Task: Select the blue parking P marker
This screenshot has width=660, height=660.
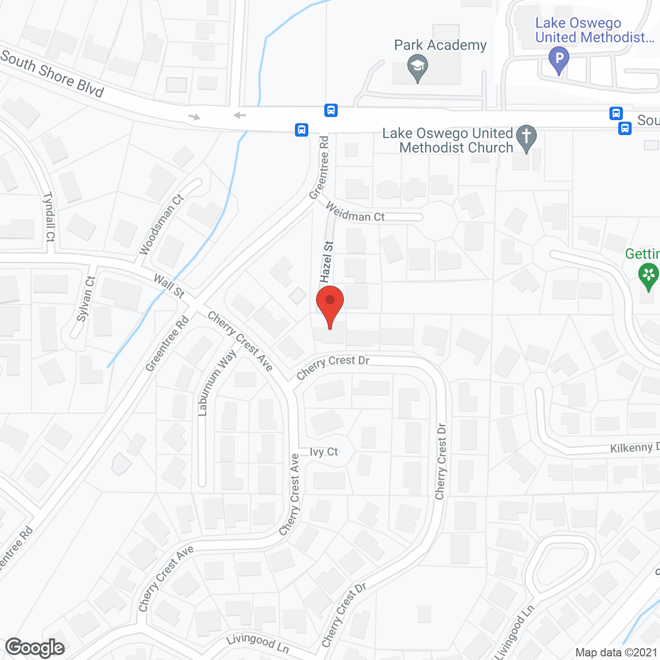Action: click(x=558, y=59)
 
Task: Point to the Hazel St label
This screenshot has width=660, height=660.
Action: click(x=327, y=262)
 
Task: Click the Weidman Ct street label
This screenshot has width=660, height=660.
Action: click(x=355, y=212)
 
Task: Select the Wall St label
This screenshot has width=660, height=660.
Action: click(x=169, y=286)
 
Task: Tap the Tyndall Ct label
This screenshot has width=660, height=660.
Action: click(x=49, y=217)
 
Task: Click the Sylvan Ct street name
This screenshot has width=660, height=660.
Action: click(x=86, y=299)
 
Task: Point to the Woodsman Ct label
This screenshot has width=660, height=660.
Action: click(x=161, y=224)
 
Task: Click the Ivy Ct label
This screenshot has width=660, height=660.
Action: click(x=324, y=452)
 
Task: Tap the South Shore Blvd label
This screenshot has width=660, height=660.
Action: click(x=52, y=74)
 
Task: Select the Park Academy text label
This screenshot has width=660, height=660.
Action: click(x=440, y=45)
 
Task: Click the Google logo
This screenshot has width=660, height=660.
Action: click(x=35, y=647)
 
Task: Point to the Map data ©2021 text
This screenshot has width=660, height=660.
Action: click(x=616, y=652)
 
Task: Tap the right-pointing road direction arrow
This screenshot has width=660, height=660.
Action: click(x=194, y=117)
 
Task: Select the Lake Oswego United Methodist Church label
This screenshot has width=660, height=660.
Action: click(x=448, y=140)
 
